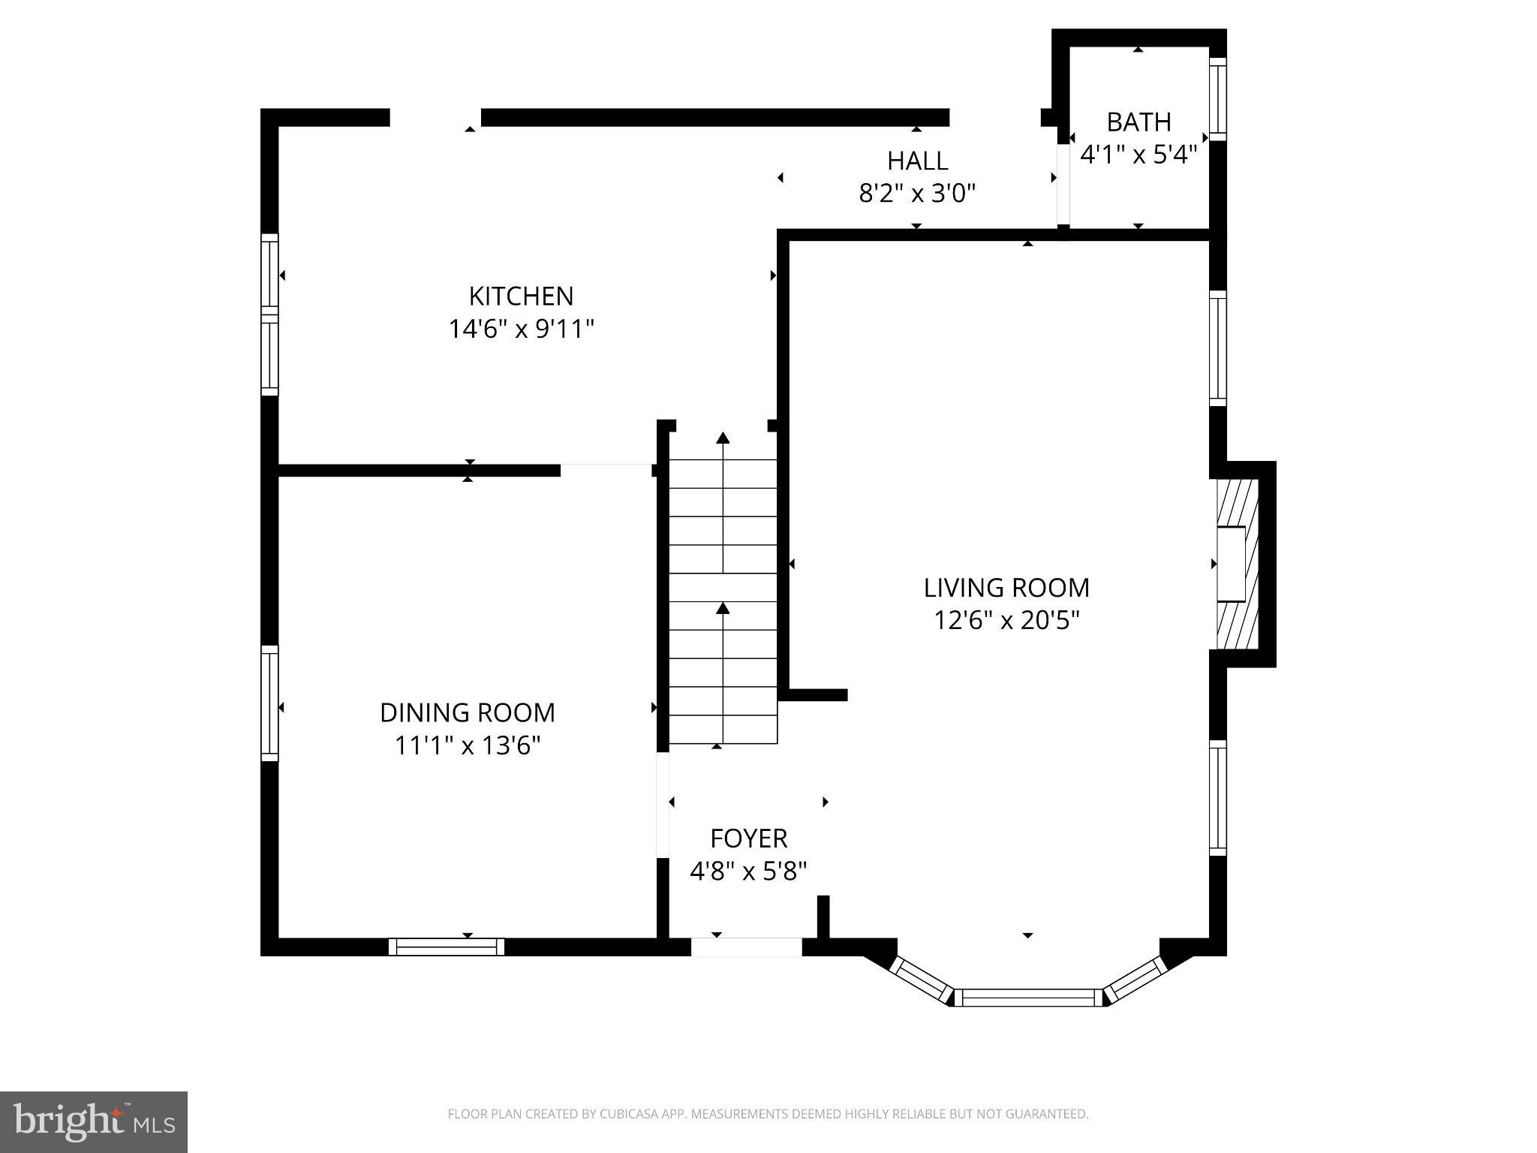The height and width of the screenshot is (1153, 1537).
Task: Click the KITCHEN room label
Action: [x=521, y=296]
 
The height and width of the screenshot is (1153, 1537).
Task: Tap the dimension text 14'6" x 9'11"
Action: [x=521, y=329]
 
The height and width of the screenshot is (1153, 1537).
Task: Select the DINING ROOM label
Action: [x=468, y=712]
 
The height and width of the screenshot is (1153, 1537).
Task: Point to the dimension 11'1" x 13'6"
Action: [x=468, y=745]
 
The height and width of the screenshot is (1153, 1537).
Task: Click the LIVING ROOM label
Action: [x=1006, y=587]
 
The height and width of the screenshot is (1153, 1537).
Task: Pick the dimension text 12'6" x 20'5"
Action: [x=1006, y=620]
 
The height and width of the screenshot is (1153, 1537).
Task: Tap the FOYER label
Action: [x=748, y=838]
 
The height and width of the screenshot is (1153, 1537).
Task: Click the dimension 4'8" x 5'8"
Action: [x=748, y=871]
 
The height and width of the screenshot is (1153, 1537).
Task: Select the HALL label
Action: [x=917, y=161]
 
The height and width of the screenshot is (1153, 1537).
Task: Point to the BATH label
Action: [x=1138, y=122]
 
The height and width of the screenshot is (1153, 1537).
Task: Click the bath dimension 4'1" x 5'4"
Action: [x=1138, y=155]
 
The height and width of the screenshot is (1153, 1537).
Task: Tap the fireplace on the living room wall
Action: [x=1235, y=564]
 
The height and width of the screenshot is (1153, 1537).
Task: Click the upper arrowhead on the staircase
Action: [x=723, y=438]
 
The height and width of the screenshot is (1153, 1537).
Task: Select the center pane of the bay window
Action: [x=1027, y=997]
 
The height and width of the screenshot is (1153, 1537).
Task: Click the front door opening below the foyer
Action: [x=746, y=947]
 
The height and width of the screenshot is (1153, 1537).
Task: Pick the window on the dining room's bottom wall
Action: [x=447, y=947]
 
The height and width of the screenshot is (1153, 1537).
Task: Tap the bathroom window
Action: [x=1217, y=98]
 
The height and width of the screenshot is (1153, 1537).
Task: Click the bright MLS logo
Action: [x=94, y=1121]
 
